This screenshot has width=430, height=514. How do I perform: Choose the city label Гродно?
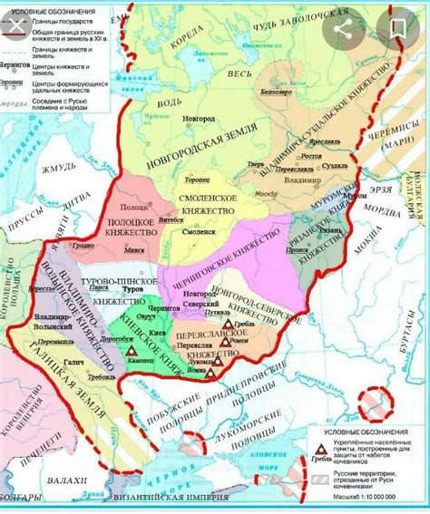[x=84, y=245]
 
